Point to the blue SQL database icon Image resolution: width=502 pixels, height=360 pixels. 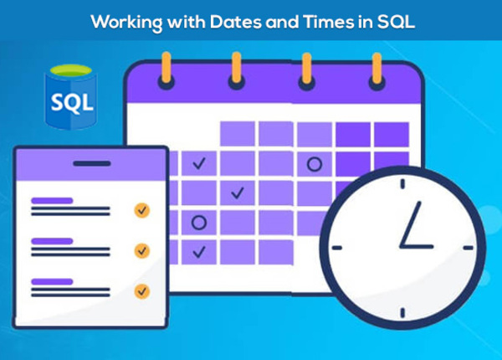71,100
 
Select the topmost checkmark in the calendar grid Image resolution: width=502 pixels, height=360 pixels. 199,163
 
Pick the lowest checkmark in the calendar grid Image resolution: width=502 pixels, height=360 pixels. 199,250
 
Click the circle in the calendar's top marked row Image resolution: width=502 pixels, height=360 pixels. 315,164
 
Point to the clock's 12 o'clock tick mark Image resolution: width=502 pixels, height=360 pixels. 402,183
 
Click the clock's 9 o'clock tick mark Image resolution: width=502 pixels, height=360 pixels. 337,248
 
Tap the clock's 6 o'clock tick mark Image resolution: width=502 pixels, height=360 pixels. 402,312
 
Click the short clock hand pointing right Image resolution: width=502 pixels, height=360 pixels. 417,247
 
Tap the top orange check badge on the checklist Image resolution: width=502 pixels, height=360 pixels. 142,209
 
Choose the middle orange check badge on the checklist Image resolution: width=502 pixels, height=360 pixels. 142,249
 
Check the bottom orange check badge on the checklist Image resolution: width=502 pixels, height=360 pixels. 142,291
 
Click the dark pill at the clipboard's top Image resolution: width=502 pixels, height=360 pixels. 90,163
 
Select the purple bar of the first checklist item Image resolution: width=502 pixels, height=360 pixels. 52,201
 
